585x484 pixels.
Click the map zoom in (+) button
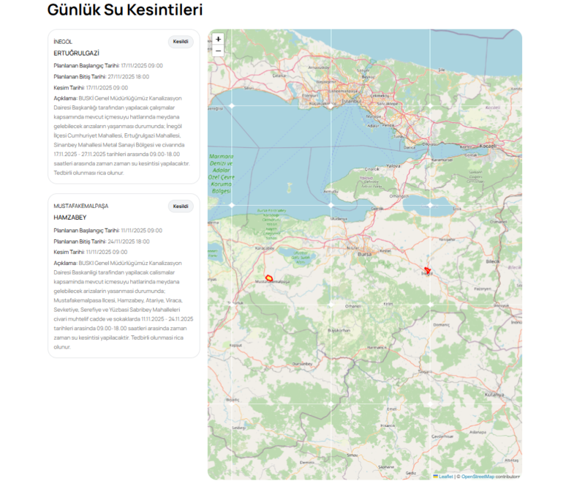[x=218, y=39]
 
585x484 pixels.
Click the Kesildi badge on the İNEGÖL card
[x=181, y=42]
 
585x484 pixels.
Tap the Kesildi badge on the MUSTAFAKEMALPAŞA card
[x=181, y=206]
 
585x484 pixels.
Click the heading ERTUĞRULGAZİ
[x=76, y=53]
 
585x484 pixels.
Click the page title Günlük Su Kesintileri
[x=125, y=10]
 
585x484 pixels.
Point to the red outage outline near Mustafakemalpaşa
[x=268, y=278]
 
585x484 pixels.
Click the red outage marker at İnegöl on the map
[x=427, y=271]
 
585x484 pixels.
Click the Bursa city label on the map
[x=364, y=254]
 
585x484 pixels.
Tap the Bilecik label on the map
[x=492, y=261]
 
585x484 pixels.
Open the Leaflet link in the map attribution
[x=445, y=477]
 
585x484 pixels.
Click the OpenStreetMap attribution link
[x=477, y=477]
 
